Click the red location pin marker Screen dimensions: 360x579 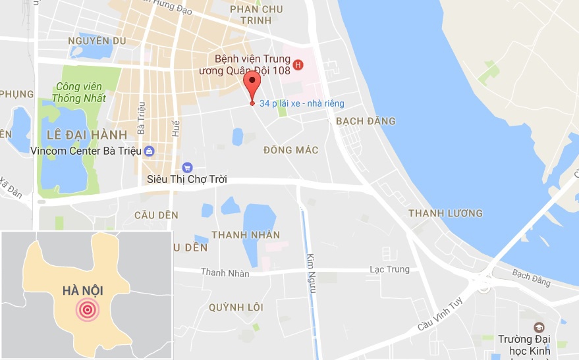click(x=252, y=84)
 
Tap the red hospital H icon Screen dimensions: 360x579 click(x=298, y=64)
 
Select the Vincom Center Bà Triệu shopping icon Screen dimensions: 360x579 click(x=150, y=151)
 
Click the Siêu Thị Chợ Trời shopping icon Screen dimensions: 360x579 click(x=187, y=167)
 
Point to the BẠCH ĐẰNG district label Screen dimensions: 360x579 click(x=366, y=121)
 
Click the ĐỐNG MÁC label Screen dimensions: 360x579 click(x=290, y=151)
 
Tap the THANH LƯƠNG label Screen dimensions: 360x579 click(x=445, y=213)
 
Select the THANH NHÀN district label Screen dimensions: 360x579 click(x=246, y=235)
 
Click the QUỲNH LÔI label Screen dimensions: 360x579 click(x=236, y=307)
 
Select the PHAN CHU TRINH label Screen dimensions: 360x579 click(x=256, y=14)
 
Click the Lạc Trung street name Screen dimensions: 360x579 click(x=389, y=269)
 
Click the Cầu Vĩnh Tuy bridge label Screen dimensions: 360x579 click(x=440, y=316)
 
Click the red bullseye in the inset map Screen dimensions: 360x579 click(x=87, y=309)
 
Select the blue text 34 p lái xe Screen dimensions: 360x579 click(x=302, y=103)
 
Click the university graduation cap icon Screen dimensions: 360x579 click(x=538, y=327)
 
